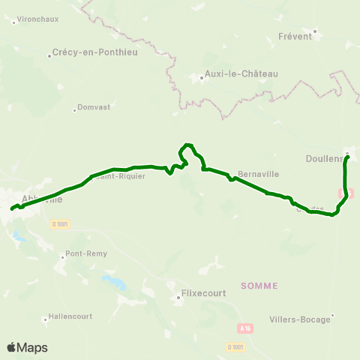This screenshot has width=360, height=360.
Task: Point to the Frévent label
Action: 294,36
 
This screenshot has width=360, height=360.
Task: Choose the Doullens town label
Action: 323,158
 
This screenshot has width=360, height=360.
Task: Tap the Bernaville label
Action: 258,174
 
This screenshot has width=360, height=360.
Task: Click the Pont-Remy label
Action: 86,253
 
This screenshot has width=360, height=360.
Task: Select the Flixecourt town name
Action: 205,294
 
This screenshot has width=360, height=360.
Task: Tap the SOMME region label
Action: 259,286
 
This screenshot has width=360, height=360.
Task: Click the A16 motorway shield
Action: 244,328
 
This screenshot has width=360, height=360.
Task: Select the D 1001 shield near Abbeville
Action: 61,223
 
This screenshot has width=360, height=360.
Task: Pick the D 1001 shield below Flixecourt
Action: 235,346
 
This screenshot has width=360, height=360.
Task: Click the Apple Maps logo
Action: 27,347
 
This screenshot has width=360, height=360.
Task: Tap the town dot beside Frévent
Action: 316,31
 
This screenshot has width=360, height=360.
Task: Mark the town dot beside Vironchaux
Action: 13,22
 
